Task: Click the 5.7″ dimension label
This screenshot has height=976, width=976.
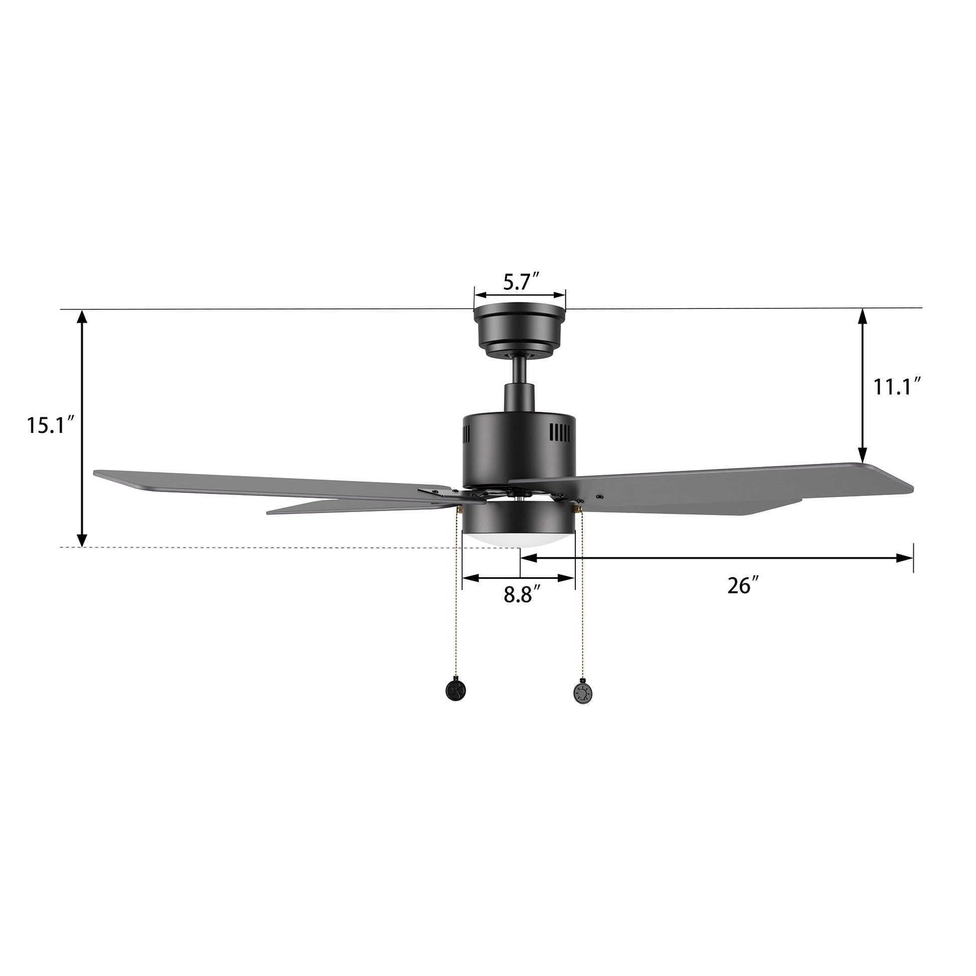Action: [522, 281]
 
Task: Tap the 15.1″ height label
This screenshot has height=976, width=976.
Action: [52, 425]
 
